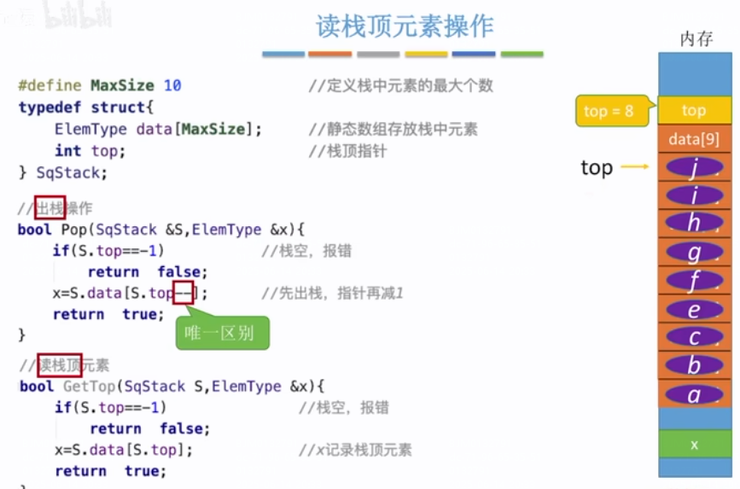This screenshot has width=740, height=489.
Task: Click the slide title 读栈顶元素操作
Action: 405,26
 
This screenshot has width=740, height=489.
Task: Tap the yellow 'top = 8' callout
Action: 609,111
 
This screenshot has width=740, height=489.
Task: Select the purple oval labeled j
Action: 694,168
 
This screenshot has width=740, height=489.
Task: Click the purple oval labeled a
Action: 694,395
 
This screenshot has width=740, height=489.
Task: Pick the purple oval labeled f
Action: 694,281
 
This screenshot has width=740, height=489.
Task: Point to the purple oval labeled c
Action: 694,338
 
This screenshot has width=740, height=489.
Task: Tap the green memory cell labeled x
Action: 694,444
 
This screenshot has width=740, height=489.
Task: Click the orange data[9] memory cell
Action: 694,139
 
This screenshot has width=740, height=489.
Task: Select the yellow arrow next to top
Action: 635,167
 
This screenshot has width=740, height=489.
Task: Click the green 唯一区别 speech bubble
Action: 222,333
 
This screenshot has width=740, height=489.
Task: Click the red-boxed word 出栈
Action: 50,207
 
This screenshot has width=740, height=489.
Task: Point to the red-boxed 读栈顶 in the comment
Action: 59,365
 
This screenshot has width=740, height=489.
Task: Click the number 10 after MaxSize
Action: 172,85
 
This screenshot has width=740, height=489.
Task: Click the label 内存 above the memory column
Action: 696,39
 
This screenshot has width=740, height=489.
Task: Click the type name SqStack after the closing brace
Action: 72,172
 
